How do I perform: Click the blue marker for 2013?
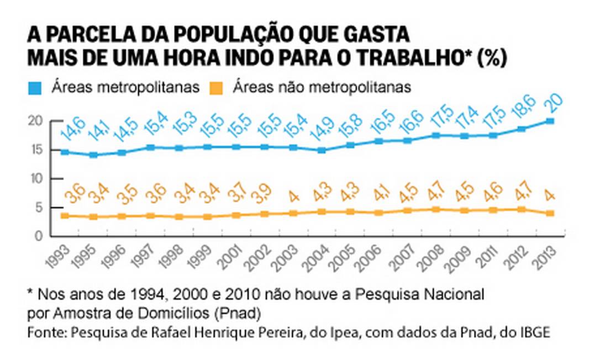tap(550, 121)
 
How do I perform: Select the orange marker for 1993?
tap(65, 215)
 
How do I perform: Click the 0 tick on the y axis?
tap(38, 236)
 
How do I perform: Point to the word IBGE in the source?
tap(534, 332)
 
